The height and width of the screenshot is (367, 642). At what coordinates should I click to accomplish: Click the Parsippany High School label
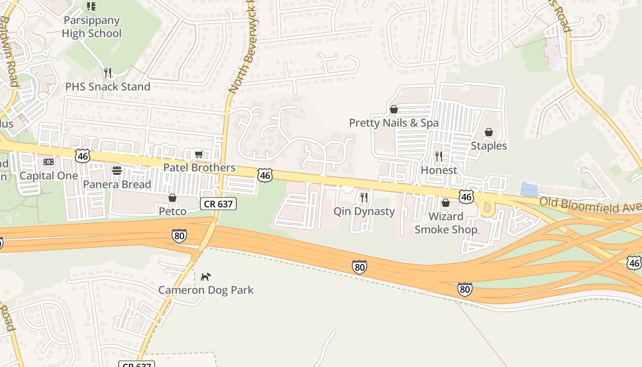click(x=91, y=27)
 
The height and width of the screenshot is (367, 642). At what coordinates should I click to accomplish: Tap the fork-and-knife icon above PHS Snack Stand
click(x=107, y=73)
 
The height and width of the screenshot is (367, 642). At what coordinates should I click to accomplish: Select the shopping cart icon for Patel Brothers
click(x=199, y=154)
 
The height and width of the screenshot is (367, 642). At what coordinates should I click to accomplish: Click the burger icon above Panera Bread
click(x=117, y=171)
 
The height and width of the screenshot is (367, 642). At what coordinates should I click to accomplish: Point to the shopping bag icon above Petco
click(x=172, y=198)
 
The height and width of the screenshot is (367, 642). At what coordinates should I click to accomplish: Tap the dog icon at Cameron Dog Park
click(x=206, y=277)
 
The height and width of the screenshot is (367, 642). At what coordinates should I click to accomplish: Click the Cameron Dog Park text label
click(x=206, y=290)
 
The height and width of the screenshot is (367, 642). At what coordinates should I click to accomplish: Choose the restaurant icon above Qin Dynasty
click(x=364, y=198)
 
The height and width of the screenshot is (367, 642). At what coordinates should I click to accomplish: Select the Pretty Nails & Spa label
click(x=393, y=123)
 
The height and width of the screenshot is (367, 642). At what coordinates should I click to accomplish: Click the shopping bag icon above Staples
click(x=489, y=132)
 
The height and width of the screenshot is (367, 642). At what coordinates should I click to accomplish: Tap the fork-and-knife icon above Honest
click(x=439, y=156)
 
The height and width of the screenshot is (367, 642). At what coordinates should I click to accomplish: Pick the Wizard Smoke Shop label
click(x=446, y=223)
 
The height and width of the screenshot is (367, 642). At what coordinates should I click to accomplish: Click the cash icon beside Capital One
click(x=49, y=162)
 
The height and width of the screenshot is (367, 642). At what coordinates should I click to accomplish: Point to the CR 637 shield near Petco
click(x=218, y=204)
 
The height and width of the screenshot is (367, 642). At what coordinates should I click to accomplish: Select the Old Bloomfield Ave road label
click(x=590, y=205)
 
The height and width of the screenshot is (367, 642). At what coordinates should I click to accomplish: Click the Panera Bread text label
click(x=117, y=184)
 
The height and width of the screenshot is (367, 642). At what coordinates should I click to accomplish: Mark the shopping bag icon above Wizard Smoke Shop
click(x=446, y=203)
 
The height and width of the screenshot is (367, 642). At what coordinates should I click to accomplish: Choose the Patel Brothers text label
click(x=199, y=168)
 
